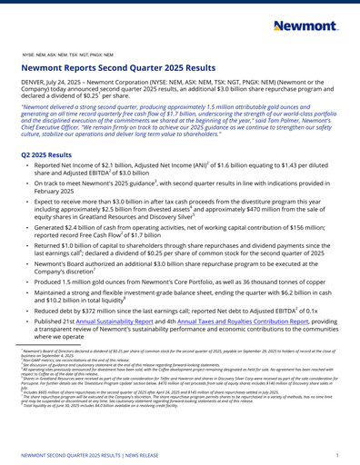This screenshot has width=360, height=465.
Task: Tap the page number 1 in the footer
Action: pyautogui.click(x=337, y=454)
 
